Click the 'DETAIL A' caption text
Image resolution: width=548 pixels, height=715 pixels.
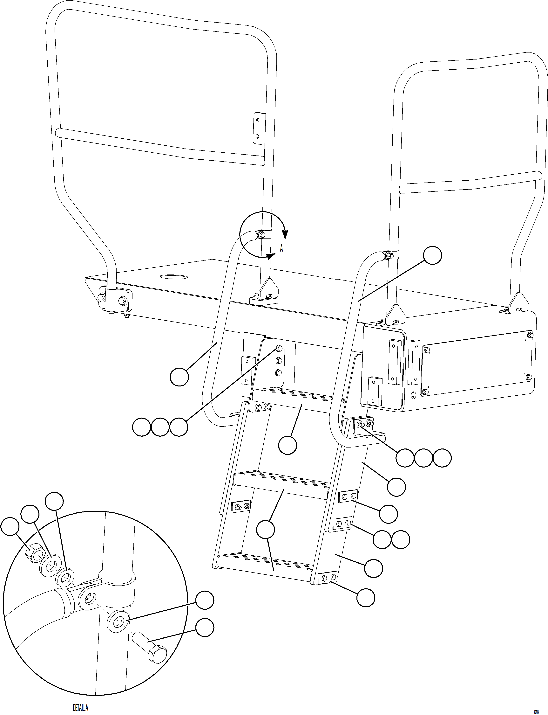[80, 705]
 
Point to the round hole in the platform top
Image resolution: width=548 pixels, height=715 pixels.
[174, 277]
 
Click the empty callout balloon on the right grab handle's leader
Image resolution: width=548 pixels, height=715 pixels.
[433, 255]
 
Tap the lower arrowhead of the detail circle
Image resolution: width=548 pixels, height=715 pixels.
[270, 256]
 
